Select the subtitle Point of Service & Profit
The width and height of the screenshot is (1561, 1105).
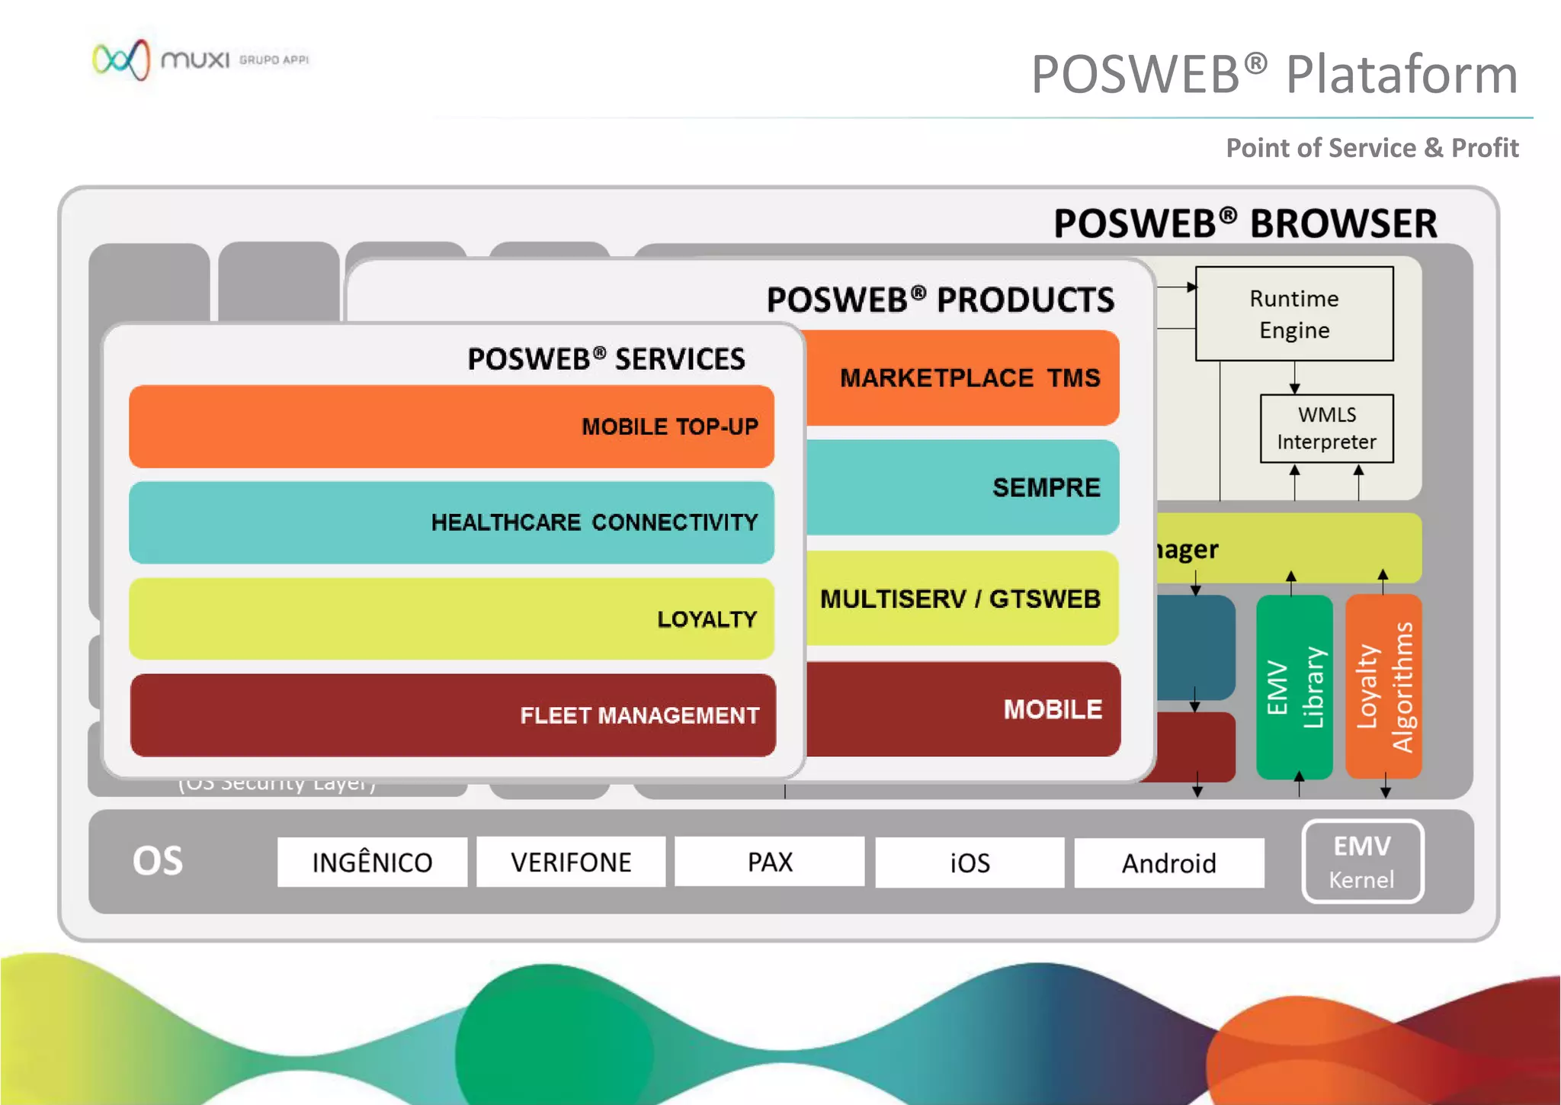[1371, 148]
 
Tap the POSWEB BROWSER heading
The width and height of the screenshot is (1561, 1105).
[1245, 223]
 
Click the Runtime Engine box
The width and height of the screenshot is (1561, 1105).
[1293, 313]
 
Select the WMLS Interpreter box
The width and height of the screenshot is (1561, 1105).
[1326, 429]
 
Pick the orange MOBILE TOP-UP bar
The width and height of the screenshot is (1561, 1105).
[451, 426]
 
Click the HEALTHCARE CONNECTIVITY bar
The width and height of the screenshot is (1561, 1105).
[451, 522]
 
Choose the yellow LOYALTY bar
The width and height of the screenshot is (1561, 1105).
[451, 618]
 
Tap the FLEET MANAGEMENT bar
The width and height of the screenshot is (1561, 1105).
[453, 715]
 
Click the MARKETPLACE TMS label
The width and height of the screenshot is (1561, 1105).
[970, 378]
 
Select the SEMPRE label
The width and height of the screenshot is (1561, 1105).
[1046, 487]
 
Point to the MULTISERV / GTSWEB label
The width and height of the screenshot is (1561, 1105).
[960, 599]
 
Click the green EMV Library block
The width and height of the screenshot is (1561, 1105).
[1294, 687]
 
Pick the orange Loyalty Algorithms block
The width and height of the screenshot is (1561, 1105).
[1383, 687]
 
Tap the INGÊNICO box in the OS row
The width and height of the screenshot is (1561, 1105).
[372, 862]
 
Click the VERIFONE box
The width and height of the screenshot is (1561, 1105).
[571, 862]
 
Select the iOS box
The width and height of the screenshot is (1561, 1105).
[970, 862]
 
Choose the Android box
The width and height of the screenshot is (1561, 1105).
[1168, 863]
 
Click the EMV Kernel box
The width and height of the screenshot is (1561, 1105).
[1362, 862]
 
